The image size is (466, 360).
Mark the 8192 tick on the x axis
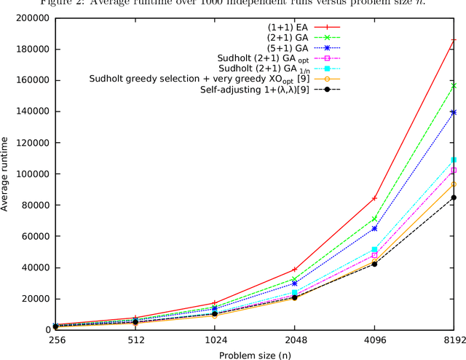point(454,340)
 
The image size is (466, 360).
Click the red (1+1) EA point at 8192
point(454,40)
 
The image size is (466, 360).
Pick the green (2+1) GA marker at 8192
point(454,86)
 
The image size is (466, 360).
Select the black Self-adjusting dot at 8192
point(454,197)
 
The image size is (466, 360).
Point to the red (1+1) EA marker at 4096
point(374,198)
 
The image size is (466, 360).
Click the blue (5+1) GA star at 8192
point(454,112)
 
